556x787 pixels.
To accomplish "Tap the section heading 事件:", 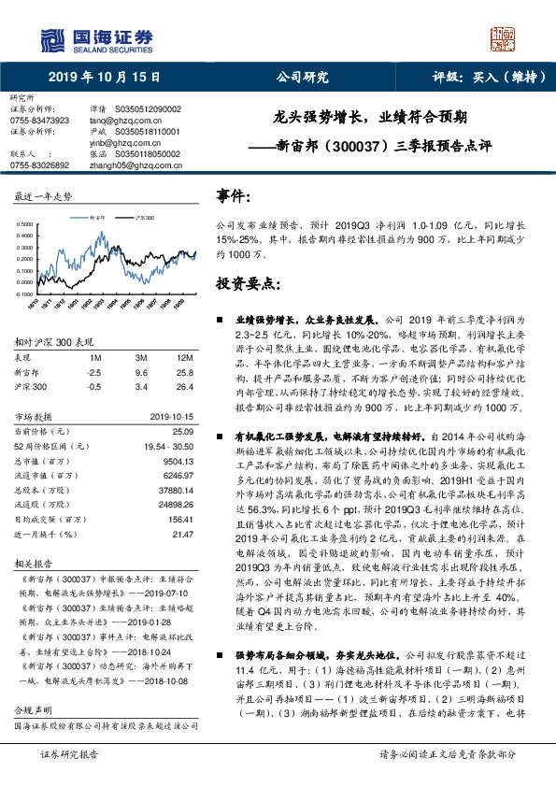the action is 234,196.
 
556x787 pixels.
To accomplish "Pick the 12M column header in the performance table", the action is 184,358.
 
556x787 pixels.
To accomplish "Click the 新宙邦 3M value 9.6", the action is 142,372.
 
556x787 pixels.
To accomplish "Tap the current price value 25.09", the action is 182,431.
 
